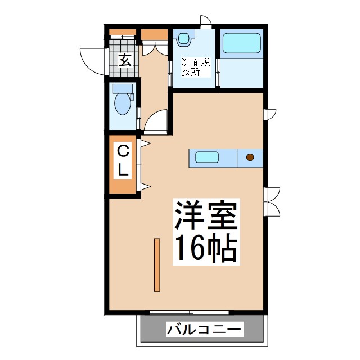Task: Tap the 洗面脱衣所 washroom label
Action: [x=195, y=67]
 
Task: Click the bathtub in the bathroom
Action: [x=242, y=44]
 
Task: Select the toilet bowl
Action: [x=122, y=103]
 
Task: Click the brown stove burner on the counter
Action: [x=250, y=157]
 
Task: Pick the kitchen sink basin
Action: [x=207, y=157]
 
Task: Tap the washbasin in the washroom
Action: [x=184, y=39]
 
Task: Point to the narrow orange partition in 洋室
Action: [x=157, y=265]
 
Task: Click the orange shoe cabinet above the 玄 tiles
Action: [x=123, y=32]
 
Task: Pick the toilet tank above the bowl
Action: [x=123, y=88]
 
